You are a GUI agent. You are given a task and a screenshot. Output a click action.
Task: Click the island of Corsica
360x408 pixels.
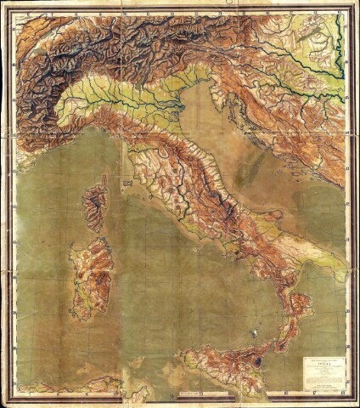[x=95, y=205]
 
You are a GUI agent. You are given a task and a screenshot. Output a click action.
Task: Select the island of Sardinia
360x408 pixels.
[x=92, y=277]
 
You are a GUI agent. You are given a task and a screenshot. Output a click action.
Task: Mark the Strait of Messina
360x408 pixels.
[x=274, y=346]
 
